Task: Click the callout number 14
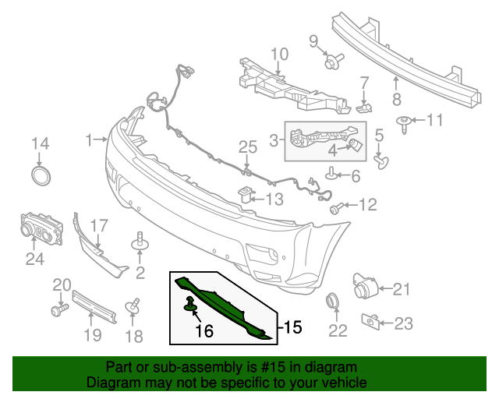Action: coord(40,143)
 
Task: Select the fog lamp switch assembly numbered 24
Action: coord(39,229)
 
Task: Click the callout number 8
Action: coord(396,98)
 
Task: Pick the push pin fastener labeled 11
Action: coord(405,122)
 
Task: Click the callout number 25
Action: coord(247,147)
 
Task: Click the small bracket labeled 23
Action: coord(371,320)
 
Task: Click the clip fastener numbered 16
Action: coord(189,304)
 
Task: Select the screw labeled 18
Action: coord(133,305)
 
